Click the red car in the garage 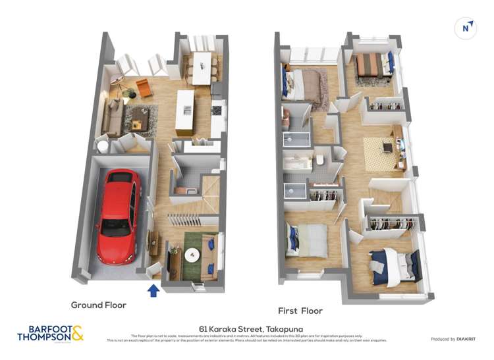(119, 215)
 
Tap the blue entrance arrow (153, 290)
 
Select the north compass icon (466, 28)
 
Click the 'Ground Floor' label (99, 305)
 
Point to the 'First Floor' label (300, 311)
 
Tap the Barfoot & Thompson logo (50, 333)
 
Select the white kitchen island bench (185, 111)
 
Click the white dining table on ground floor (202, 67)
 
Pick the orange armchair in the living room (144, 88)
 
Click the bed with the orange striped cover (370, 64)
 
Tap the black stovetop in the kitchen (216, 110)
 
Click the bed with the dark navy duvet (397, 265)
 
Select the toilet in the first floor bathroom (318, 160)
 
